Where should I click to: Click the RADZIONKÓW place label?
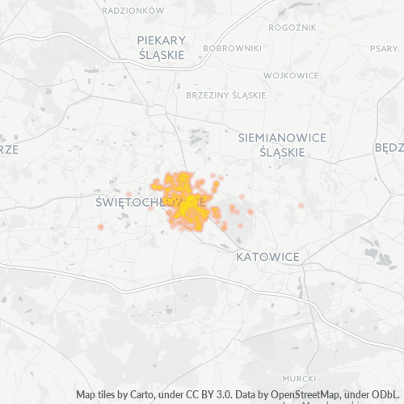pos(134,11)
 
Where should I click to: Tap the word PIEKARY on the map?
pos(162,40)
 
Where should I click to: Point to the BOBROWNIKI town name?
pos(233,48)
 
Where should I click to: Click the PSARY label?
pos(384,48)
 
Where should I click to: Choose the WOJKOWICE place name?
pos(291,75)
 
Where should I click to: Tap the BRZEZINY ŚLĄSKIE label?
pos(225,95)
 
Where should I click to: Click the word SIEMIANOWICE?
pos(282,138)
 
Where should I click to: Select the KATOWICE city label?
pos(267,257)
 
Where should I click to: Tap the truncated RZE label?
pos(9,149)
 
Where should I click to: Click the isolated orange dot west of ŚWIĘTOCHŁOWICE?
pos(100,227)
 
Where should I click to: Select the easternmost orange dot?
pos(301,205)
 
